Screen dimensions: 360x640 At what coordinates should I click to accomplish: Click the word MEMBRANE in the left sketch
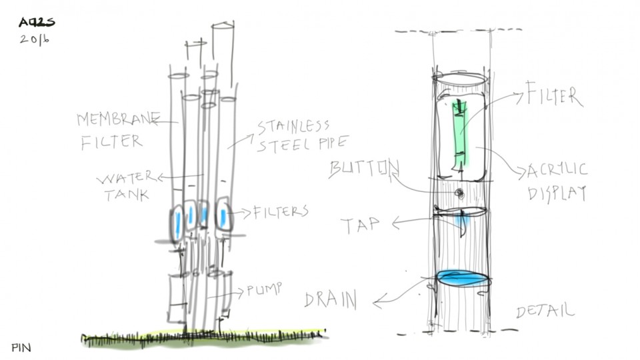(x=118, y=120)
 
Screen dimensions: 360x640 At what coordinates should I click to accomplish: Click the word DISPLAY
(x=557, y=193)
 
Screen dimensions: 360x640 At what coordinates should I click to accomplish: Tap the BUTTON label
(x=364, y=169)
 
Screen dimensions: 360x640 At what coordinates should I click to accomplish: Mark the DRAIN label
(x=331, y=299)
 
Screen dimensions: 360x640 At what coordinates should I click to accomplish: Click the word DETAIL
(x=545, y=311)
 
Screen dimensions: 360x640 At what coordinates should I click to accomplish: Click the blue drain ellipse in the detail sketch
(x=463, y=278)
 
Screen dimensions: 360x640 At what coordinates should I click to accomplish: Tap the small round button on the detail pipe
(x=459, y=192)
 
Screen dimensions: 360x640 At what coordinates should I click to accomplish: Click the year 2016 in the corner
(x=35, y=39)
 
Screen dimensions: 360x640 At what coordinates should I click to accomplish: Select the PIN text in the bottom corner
(x=21, y=347)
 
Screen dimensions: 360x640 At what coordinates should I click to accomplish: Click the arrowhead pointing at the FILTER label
(x=519, y=96)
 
